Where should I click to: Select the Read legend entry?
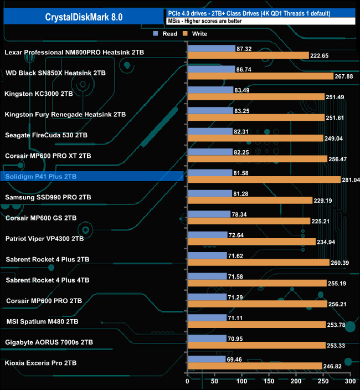click(x=166, y=34)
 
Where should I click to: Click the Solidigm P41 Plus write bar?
click(x=264, y=180)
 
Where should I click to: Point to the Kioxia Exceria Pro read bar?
click(x=207, y=360)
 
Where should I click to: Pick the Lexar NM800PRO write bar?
click(x=248, y=55)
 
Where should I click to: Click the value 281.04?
click(x=350, y=180)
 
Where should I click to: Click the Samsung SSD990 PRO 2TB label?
click(x=48, y=197)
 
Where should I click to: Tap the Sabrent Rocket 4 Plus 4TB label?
click(x=47, y=280)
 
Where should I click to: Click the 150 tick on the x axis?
click(x=269, y=381)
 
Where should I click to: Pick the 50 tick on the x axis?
click(x=215, y=381)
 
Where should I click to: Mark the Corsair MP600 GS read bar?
click(x=209, y=214)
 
